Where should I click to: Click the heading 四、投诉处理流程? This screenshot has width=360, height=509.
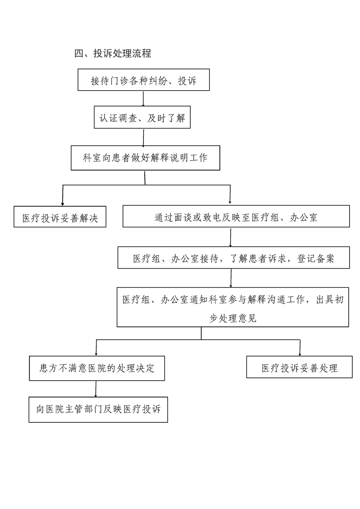(113, 53)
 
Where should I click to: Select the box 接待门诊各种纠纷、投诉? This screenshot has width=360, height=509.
(143, 80)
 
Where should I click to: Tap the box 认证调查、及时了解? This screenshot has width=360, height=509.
(142, 117)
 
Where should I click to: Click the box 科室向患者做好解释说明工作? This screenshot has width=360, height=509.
(146, 158)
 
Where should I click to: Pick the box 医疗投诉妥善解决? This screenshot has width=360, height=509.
(60, 216)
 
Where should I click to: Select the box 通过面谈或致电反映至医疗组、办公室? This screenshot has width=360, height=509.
(236, 216)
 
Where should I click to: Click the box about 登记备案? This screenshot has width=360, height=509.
(234, 257)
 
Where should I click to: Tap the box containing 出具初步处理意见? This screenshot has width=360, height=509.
(233, 307)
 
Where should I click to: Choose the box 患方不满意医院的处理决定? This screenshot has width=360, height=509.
(97, 368)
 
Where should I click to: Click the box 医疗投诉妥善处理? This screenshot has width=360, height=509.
(300, 367)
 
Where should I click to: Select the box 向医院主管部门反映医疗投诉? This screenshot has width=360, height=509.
(98, 409)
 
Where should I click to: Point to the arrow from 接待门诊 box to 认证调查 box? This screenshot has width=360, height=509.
(143, 98)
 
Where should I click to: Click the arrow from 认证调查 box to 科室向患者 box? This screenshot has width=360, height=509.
(143, 137)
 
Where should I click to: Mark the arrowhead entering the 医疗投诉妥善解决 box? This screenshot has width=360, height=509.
(62, 204)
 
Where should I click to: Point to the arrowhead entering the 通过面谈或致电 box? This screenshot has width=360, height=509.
(230, 203)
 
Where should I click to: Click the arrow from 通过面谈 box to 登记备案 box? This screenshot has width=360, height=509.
(231, 237)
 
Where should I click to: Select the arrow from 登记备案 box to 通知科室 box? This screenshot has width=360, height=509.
(231, 278)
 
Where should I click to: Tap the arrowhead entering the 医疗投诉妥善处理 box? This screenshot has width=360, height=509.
(300, 353)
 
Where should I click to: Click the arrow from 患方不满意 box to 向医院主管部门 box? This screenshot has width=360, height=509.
(96, 389)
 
